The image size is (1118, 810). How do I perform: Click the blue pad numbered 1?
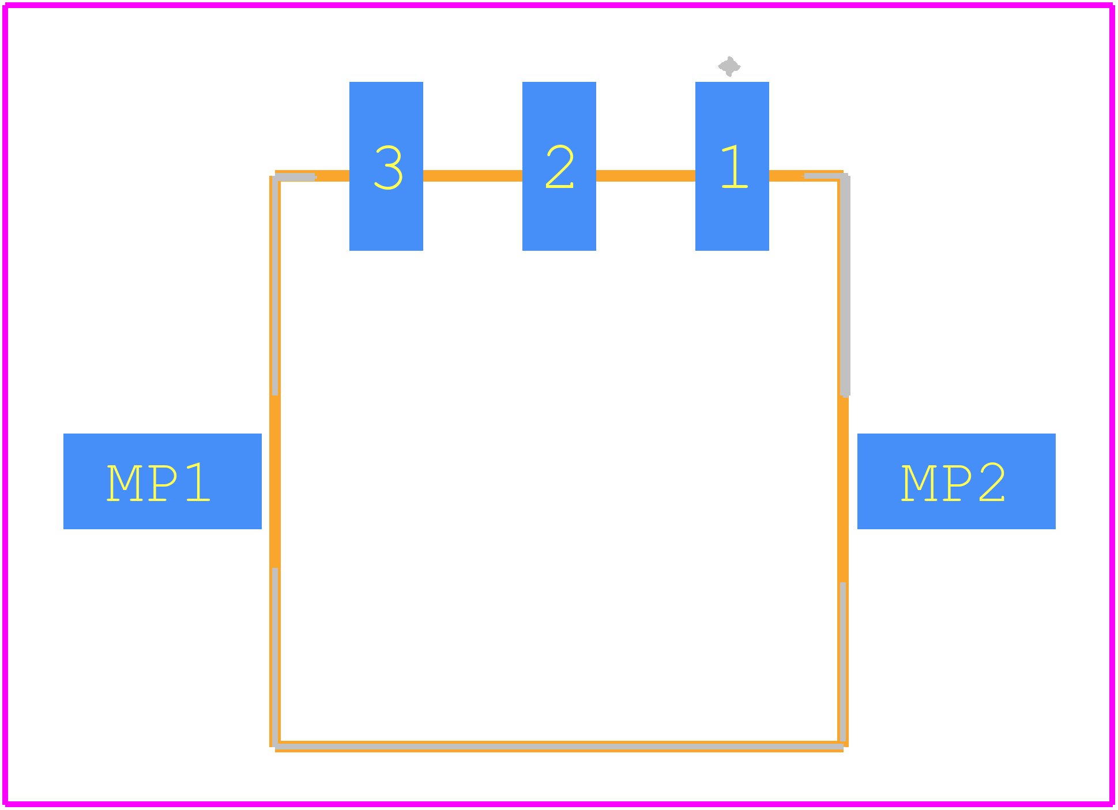(x=732, y=166)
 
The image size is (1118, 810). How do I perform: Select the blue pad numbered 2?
(x=559, y=166)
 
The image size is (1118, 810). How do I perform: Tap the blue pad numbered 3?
(x=386, y=166)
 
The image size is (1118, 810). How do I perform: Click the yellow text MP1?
(x=159, y=483)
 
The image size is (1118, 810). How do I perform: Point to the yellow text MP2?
(x=953, y=483)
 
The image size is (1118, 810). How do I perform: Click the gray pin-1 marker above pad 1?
(x=729, y=66)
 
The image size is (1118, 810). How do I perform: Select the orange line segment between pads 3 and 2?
(x=473, y=176)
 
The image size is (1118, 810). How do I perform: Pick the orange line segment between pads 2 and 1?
(x=646, y=176)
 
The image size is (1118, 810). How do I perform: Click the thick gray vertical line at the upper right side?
(x=845, y=286)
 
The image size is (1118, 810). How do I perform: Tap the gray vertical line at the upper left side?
(x=275, y=286)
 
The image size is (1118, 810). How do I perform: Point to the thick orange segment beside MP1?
(x=275, y=482)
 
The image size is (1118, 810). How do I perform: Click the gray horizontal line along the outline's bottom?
(x=559, y=747)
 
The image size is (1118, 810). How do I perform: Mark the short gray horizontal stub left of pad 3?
(x=295, y=176)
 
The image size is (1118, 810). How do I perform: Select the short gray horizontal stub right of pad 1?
(x=825, y=176)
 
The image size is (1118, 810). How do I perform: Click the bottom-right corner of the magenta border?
(x=1112, y=804)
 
